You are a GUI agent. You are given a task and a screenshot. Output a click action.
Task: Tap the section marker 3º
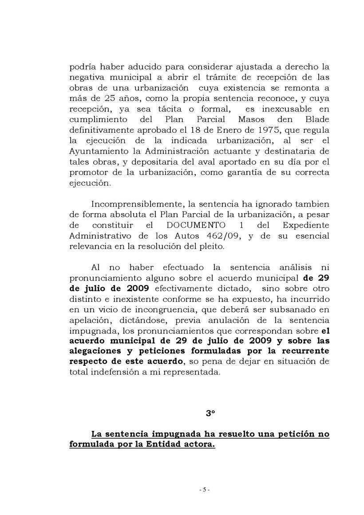point(210,412)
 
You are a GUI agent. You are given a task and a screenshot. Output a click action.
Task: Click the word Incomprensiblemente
point(134,205)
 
